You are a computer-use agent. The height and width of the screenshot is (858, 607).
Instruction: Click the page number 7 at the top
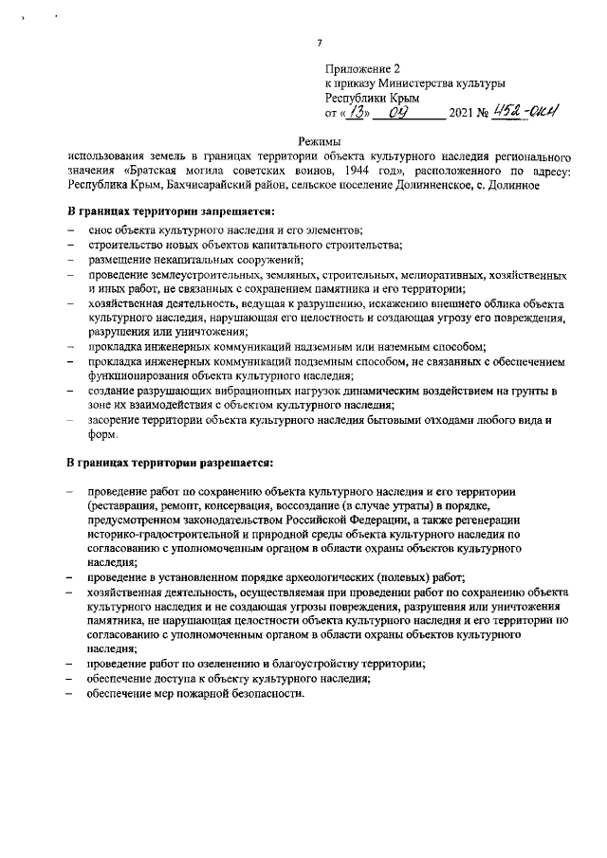(320, 43)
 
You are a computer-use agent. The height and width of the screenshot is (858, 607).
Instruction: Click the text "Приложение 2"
(363, 69)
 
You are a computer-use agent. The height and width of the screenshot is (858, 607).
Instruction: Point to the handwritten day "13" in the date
(355, 112)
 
